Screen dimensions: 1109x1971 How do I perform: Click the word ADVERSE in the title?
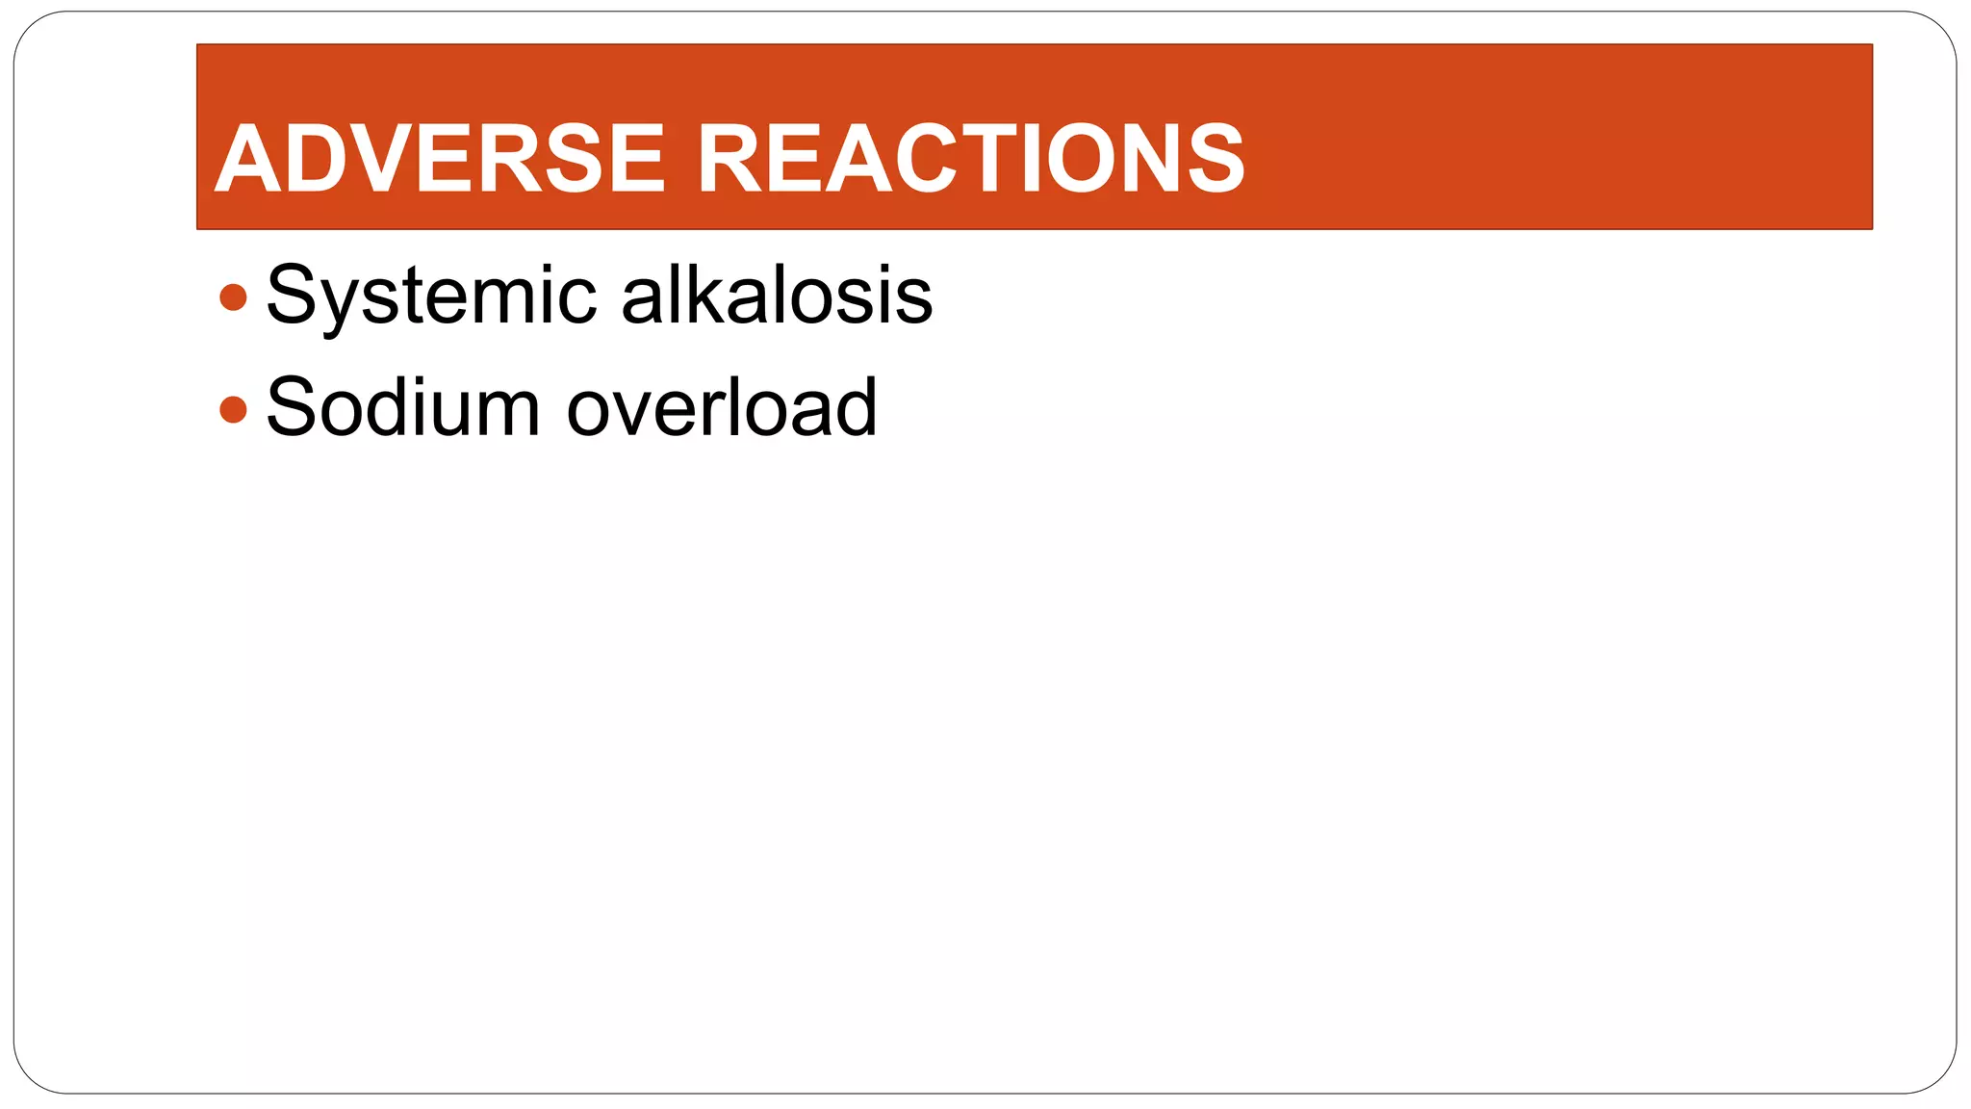click(439, 158)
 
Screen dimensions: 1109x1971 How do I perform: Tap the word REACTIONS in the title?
click(970, 158)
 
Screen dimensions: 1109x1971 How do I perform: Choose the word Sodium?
click(402, 408)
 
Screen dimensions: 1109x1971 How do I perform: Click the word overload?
click(722, 408)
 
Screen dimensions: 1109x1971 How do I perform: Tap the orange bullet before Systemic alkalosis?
click(233, 297)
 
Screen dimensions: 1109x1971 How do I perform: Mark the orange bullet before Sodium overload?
click(233, 410)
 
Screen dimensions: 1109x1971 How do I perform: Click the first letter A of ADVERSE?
click(248, 158)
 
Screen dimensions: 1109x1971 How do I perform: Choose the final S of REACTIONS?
click(1215, 158)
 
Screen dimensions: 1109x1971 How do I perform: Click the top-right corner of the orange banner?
click(1871, 45)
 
